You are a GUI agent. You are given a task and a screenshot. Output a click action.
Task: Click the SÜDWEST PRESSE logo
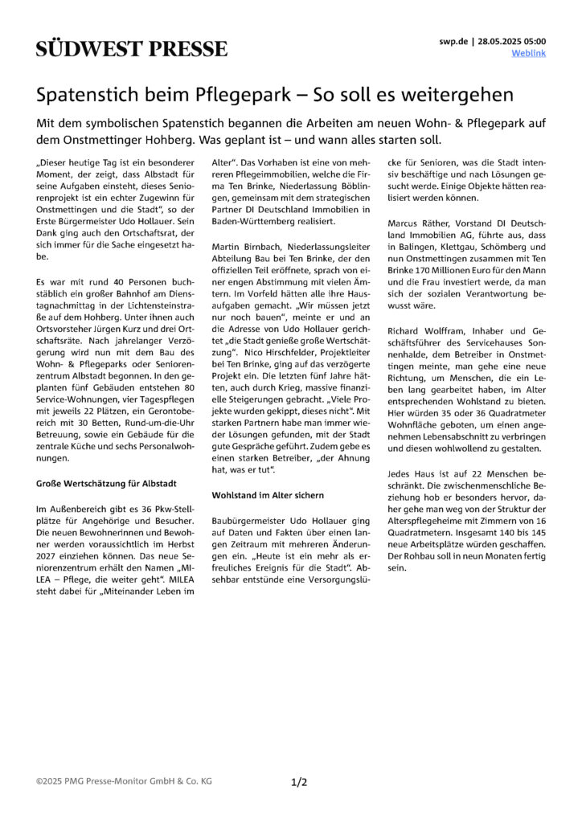(132, 47)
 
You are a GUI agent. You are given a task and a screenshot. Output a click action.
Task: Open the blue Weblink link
(528, 53)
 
